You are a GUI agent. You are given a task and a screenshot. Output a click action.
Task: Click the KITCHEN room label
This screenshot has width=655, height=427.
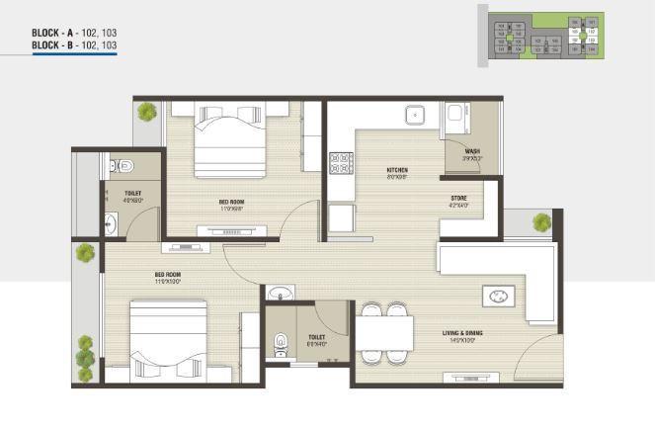pyautogui.click(x=397, y=172)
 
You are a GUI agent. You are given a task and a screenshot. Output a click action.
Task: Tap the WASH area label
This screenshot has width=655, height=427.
pyautogui.click(x=471, y=153)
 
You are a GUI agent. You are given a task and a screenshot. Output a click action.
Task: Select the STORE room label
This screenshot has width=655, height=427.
pyautogui.click(x=459, y=201)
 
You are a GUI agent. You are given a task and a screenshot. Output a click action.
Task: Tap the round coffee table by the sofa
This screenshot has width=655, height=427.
pyautogui.click(x=498, y=296)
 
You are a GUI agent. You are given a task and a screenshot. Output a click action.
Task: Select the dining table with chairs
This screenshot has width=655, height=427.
pyautogui.click(x=384, y=332)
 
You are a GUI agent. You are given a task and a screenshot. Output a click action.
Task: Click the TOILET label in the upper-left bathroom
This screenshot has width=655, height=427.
pyautogui.click(x=132, y=195)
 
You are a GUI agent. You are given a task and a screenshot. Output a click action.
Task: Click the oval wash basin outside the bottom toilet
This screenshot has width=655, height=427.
pyautogui.click(x=280, y=294)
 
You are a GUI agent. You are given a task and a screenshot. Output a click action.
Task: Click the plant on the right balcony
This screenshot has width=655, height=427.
pyautogui.click(x=541, y=223)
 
